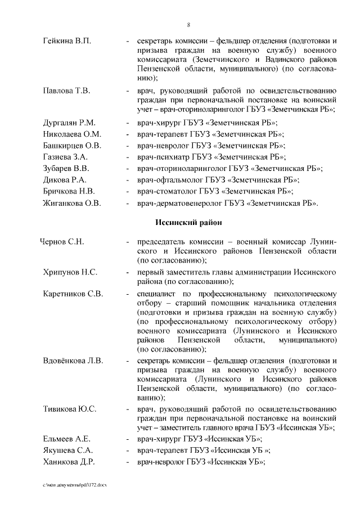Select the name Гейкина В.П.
[x=67, y=42]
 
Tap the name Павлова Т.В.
[x=66, y=91]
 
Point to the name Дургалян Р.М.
[x=70, y=123]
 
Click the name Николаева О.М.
[x=72, y=134]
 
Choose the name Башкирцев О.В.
[x=72, y=146]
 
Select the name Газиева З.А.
[x=66, y=157]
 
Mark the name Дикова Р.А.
[x=65, y=180]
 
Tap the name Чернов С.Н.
[x=62, y=242]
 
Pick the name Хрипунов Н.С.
[x=70, y=272]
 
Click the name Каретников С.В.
[x=73, y=294]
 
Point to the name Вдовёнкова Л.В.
[x=73, y=361]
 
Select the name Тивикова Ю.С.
[x=70, y=408]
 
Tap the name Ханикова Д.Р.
[x=69, y=462]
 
